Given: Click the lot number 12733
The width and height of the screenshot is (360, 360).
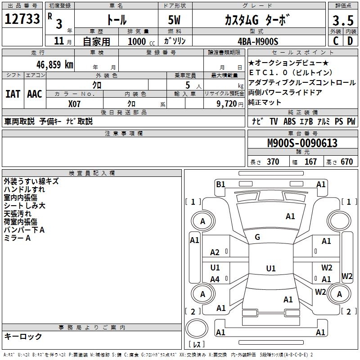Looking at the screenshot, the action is point(22,19).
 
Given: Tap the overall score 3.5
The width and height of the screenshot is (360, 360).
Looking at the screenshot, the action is point(343,21).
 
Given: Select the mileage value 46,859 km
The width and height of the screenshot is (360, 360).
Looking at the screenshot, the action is point(55,65).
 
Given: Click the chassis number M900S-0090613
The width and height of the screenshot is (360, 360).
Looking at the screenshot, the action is point(302,143).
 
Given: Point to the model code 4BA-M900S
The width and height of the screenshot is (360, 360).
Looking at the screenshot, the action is point(258,41).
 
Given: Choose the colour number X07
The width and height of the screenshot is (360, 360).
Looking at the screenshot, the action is point(74,104).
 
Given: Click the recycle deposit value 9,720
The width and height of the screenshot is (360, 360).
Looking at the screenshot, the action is point(227,104).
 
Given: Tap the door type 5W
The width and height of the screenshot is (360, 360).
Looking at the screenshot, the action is point(174,20).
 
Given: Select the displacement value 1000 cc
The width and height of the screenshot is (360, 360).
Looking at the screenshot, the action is point(141,41).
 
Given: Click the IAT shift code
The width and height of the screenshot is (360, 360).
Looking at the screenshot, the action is point(13,94).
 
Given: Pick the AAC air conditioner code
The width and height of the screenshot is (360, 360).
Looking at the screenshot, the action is point(35,94).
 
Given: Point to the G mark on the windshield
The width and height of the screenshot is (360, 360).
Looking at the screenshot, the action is point(257,237).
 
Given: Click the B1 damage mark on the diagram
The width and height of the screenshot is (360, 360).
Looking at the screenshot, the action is point(220,184).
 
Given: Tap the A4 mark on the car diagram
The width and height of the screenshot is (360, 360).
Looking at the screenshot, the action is point(215,279).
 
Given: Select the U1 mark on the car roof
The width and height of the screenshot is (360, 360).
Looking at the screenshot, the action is point(271,268).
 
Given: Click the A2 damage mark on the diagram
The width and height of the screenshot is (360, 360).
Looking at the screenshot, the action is point(215,252).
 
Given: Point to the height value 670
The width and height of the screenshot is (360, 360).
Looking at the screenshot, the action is point(346,162).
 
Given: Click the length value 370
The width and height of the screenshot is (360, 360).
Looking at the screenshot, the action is point(273,162).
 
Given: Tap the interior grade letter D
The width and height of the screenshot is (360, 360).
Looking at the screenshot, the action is point(350,41).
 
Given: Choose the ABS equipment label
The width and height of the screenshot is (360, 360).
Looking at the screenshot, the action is point(289,121).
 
